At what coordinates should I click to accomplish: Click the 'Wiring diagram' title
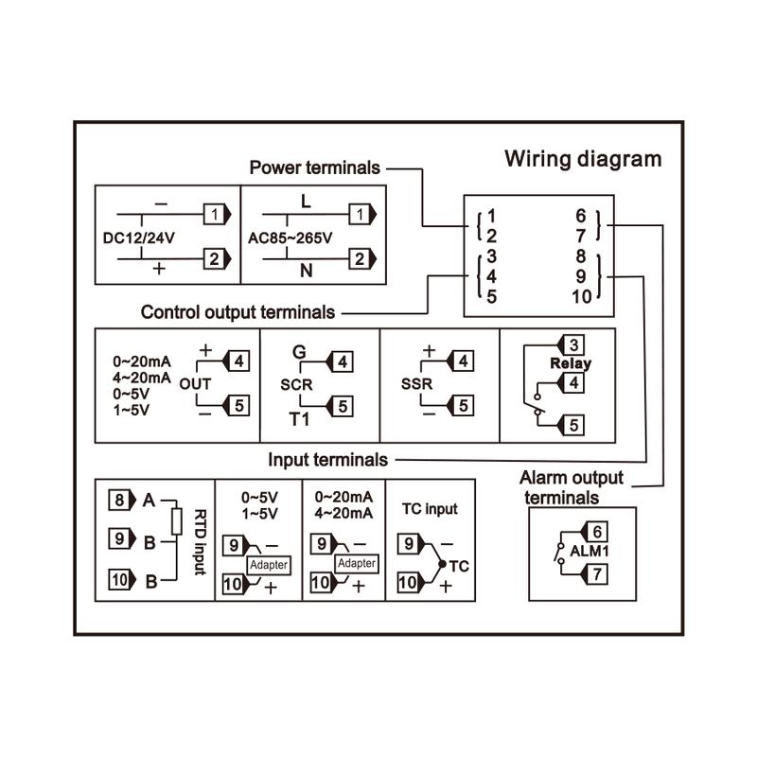point(583,159)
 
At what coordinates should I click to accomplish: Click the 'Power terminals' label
point(315,168)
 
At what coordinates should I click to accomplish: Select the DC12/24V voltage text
point(139,238)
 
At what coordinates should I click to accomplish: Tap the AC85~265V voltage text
point(290,238)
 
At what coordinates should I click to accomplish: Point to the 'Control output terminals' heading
point(238,312)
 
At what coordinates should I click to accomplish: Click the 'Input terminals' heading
point(327,460)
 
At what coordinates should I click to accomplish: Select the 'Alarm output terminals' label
point(572,487)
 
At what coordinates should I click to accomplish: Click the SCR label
point(296,385)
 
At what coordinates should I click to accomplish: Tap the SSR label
point(416,384)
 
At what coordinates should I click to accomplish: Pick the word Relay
point(571,363)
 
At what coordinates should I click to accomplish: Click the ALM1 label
point(589,551)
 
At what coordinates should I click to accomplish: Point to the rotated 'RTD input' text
point(200,542)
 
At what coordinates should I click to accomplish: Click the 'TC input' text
point(430,509)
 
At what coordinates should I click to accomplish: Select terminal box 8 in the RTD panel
point(119,500)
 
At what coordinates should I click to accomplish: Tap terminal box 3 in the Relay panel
point(573,345)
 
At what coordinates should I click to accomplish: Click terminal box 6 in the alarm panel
point(597,532)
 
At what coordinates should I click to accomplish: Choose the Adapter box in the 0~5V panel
point(269,564)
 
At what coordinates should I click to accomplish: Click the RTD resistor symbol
point(177,521)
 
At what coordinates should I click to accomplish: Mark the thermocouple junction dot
point(442,564)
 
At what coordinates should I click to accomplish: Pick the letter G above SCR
point(299,351)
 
